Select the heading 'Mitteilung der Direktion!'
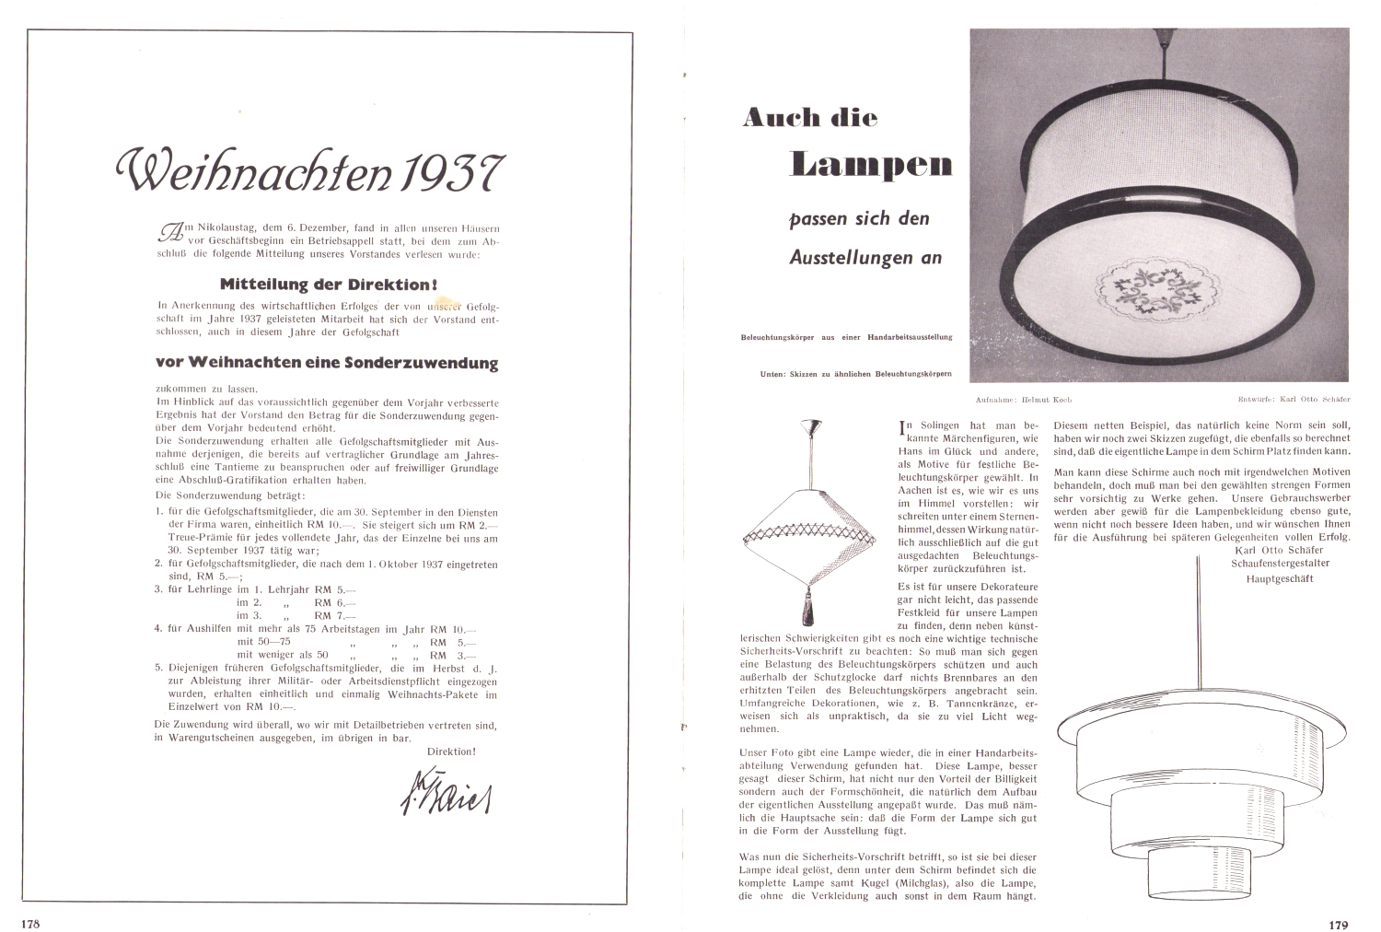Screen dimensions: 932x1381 tap(328, 284)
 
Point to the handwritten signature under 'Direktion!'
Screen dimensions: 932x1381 tap(446, 789)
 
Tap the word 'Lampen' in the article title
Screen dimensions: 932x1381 tap(871, 165)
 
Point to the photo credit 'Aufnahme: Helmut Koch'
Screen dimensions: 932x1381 tap(1023, 401)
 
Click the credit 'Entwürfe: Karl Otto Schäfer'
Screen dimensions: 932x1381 tap(1294, 401)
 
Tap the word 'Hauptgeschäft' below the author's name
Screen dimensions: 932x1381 tap(1279, 578)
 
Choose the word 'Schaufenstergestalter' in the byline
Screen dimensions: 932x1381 tap(1279, 563)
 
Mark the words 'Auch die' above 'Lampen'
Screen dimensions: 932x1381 tap(810, 118)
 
